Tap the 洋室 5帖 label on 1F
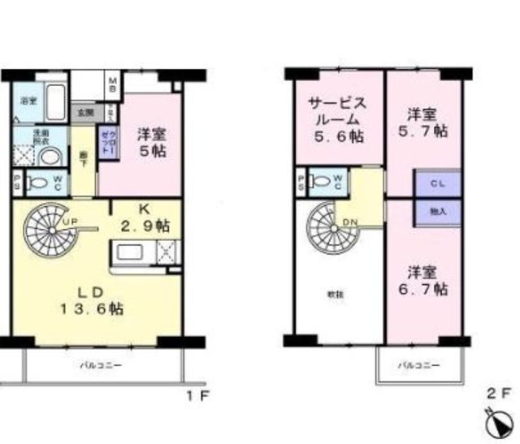(151, 141)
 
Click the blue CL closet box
(437, 183)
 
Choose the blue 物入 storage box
(437, 211)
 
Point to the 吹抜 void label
(334, 294)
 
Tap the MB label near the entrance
(114, 82)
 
